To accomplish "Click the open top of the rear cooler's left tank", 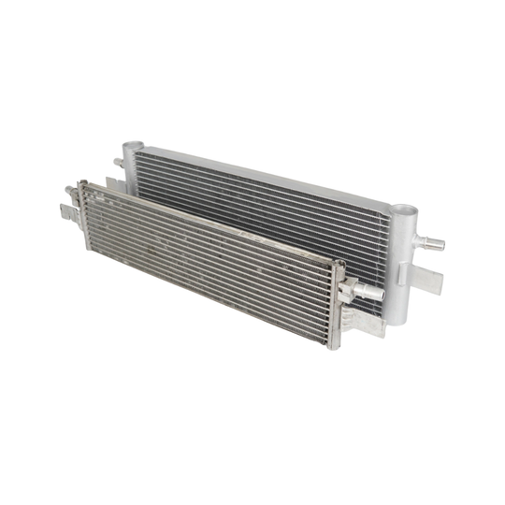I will coord(130,147).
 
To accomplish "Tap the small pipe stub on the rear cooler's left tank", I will coord(119,163).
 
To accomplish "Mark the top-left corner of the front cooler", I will coord(82,184).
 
